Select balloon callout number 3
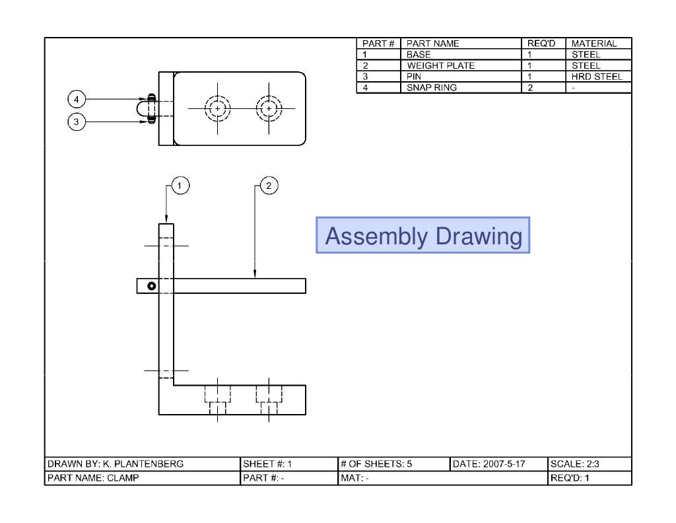[77, 122]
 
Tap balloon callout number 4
[77, 100]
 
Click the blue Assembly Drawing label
[423, 235]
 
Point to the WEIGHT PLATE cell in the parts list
[440, 65]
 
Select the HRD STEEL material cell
[596, 77]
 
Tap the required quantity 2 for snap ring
[530, 87]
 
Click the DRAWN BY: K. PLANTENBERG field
[116, 464]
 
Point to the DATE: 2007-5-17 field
[489, 464]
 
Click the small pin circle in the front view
[151, 286]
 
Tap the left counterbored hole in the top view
[216, 108]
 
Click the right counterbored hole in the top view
[268, 108]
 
